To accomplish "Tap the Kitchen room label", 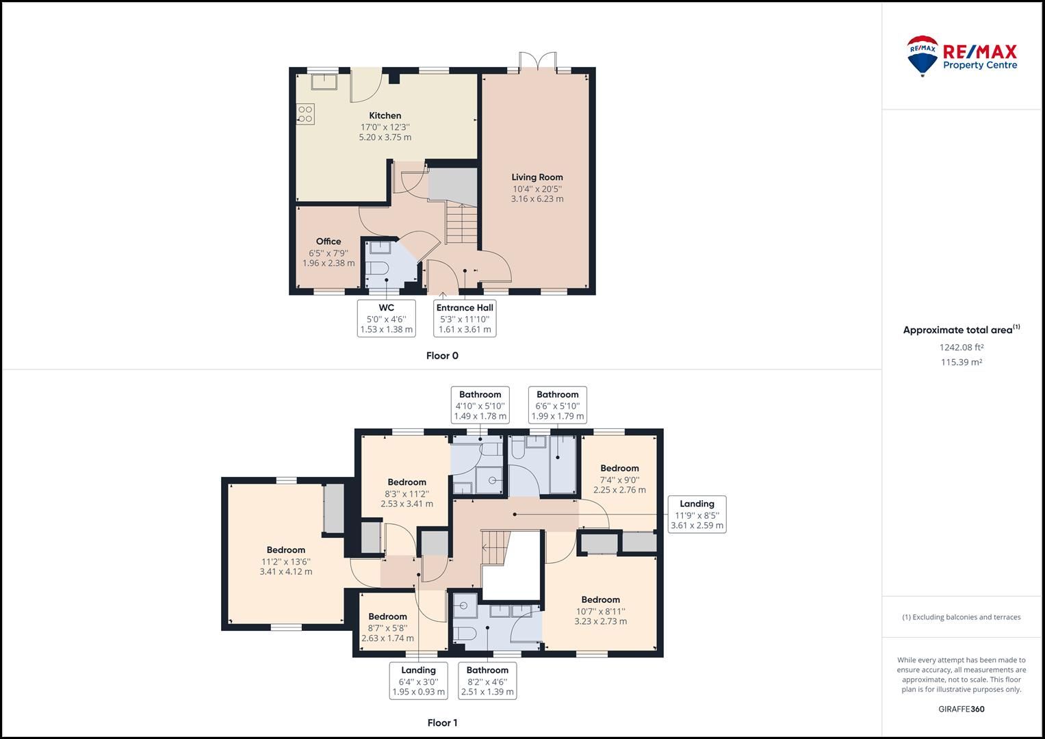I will coord(385,116).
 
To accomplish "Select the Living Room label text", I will coord(537,177).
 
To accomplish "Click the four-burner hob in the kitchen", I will coord(305,114).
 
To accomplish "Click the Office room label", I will coord(328,242).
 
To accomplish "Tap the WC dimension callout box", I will coord(387,318).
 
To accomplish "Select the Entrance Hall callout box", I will coord(465,318).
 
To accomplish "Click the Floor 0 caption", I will coord(442,356).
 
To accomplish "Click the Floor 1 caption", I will coord(442,723).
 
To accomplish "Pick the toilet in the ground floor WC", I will coord(377,268).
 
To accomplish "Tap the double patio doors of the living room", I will coord(538,62).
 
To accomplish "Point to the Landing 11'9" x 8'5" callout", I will coord(697,515).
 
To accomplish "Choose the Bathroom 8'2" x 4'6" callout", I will coord(487,681).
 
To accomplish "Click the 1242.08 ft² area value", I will coord(961,347).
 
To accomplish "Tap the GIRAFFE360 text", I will coord(961,709).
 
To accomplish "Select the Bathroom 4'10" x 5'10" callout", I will coord(480,405).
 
